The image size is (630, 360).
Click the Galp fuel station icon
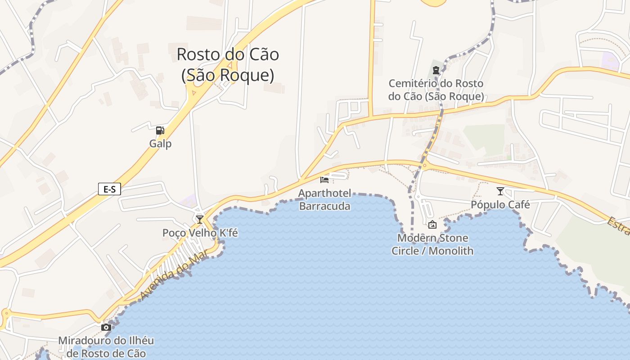pyautogui.click(x=160, y=131)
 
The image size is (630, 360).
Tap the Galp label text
pyautogui.click(x=160, y=144)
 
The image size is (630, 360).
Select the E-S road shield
pyautogui.click(x=109, y=189)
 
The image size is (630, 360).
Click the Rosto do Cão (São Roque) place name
pyautogui.click(x=228, y=65)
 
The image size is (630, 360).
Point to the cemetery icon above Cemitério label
pyautogui.click(x=436, y=70)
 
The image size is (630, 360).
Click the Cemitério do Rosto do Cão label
pyautogui.click(x=436, y=90)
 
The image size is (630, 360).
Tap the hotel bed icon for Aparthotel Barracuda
pyautogui.click(x=324, y=180)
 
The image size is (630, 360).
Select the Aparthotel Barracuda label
pyautogui.click(x=324, y=200)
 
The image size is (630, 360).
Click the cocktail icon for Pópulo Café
pyautogui.click(x=500, y=191)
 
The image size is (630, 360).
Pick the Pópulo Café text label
pyautogui.click(x=500, y=205)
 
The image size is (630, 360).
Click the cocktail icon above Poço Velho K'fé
pyautogui.click(x=200, y=219)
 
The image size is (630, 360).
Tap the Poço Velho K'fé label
pyautogui.click(x=200, y=233)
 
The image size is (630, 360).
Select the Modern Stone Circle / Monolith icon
pyautogui.click(x=432, y=224)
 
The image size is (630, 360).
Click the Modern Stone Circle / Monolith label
pyautogui.click(x=432, y=244)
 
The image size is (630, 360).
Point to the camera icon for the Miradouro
pyautogui.click(x=106, y=327)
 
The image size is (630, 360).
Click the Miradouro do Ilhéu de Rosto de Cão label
pyautogui.click(x=106, y=347)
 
